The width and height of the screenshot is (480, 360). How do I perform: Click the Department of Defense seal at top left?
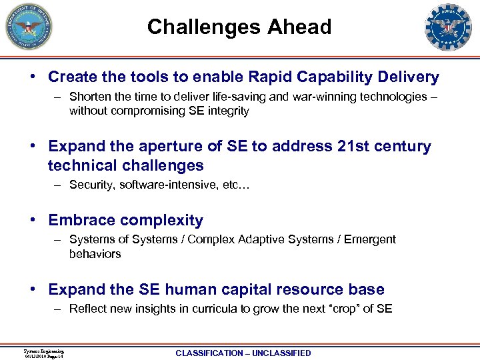tap(29, 27)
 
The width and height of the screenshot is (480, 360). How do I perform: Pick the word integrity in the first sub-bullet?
tap(227, 111)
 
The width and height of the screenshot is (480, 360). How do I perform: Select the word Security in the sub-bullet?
tap(91, 185)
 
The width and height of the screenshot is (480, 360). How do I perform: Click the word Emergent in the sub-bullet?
tap(370, 239)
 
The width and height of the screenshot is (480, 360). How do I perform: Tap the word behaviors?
tap(95, 254)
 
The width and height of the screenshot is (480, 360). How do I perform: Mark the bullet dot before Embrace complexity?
tap(32, 221)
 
